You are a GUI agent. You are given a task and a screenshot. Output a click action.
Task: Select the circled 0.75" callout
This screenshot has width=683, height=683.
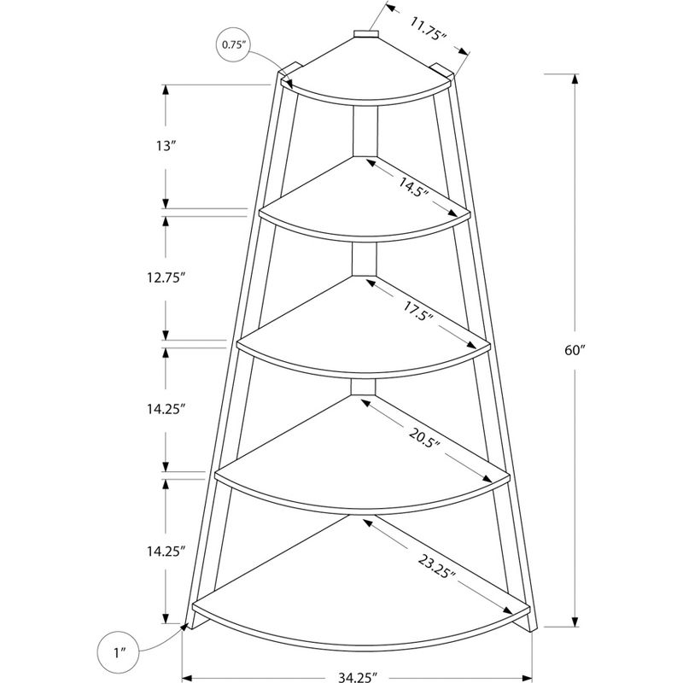tap(233, 44)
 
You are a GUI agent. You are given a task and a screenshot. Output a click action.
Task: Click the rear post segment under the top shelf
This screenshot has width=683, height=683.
tap(366, 132)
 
